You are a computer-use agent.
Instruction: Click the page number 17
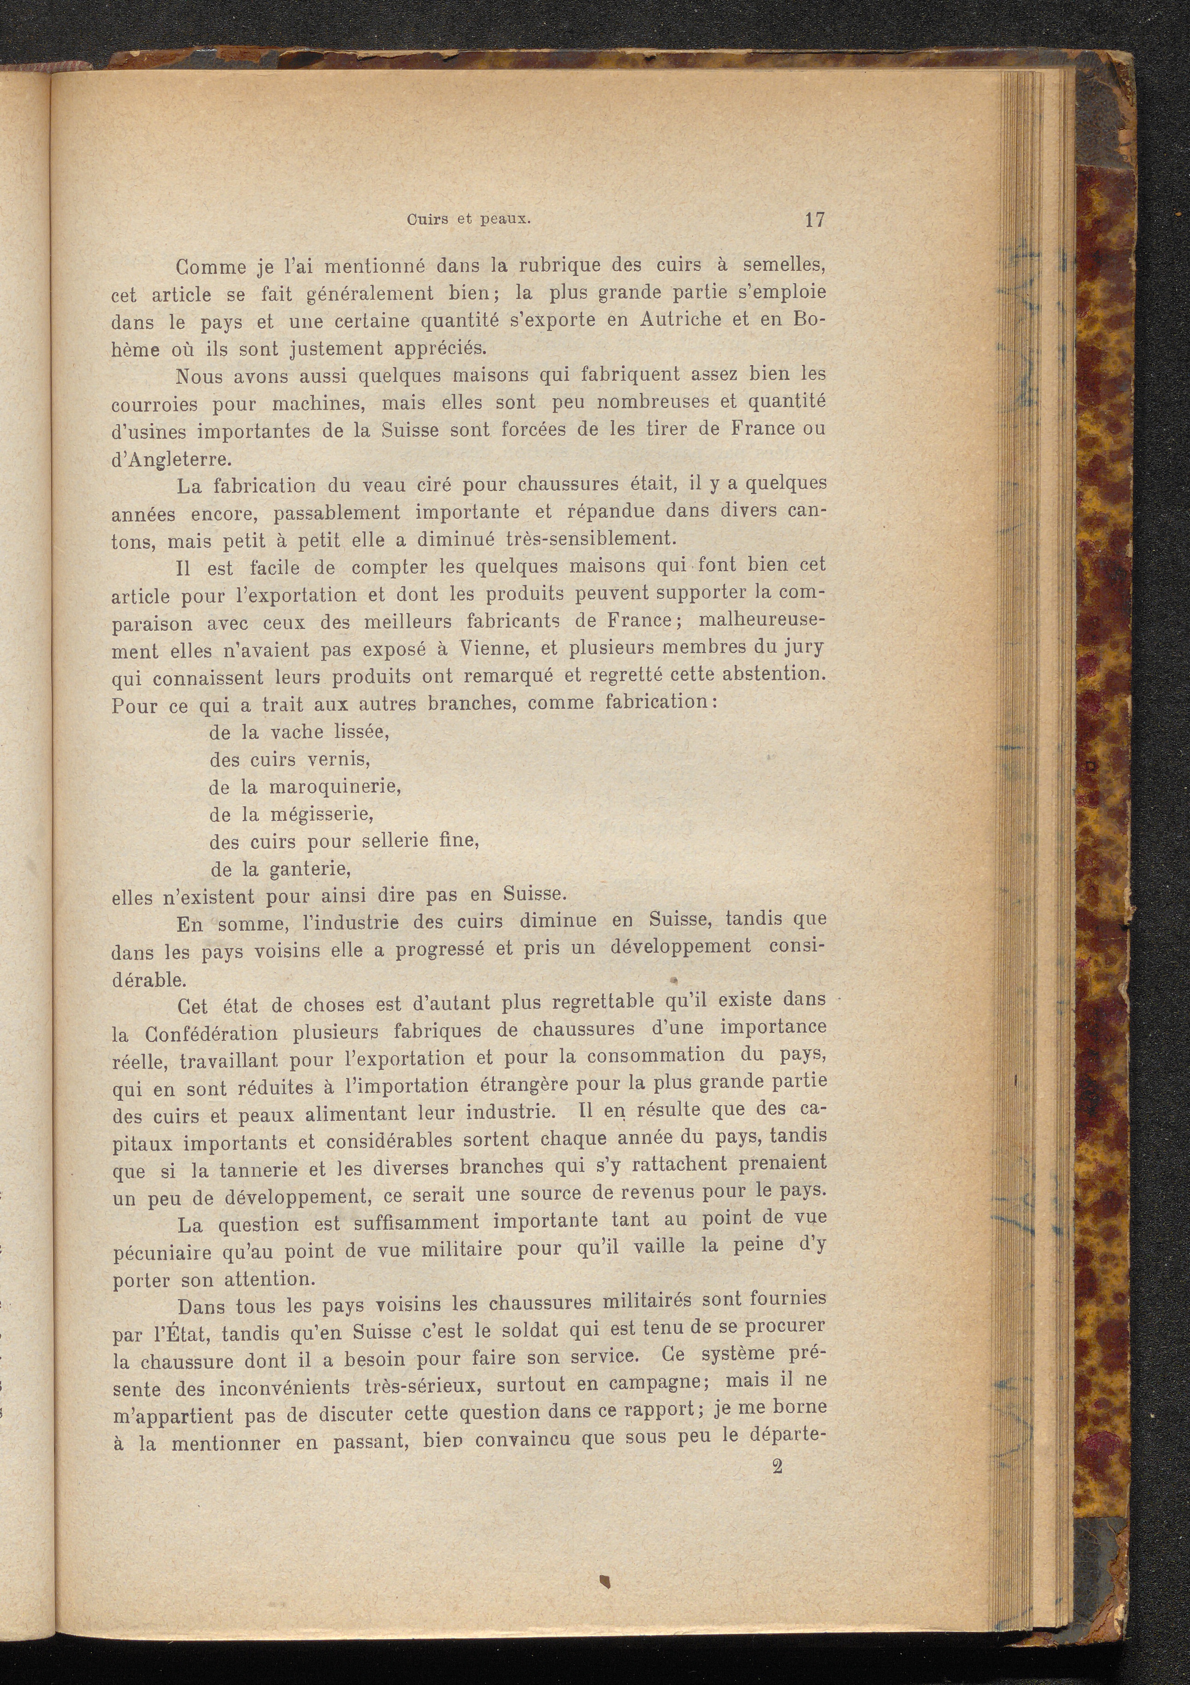[x=815, y=219]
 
